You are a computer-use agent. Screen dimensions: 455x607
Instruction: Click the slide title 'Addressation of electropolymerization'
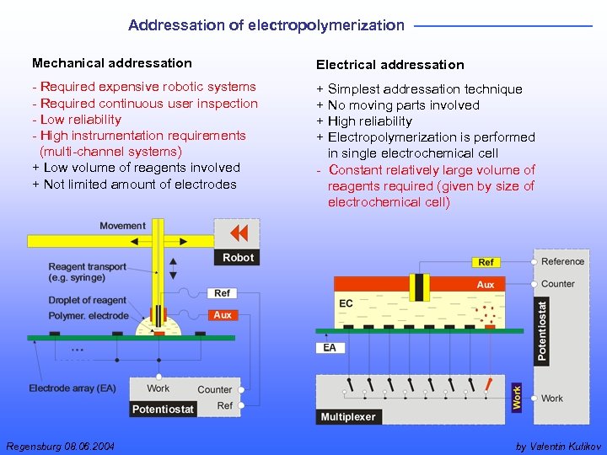(x=266, y=25)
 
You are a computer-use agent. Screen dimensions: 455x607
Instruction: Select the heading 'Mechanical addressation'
(x=112, y=63)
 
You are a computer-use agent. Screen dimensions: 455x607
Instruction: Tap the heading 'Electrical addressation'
(x=389, y=65)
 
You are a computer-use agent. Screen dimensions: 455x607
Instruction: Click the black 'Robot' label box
(x=238, y=257)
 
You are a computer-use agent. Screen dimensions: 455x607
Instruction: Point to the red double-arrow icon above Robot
(x=239, y=233)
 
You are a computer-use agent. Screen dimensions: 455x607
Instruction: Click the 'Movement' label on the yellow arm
(x=122, y=226)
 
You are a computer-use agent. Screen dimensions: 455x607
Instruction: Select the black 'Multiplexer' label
(x=348, y=416)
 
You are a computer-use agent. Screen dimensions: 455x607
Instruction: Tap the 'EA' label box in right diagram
(x=329, y=347)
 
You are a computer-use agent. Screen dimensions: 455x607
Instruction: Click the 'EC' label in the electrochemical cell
(x=346, y=303)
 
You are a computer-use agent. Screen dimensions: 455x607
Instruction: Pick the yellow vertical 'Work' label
(x=517, y=397)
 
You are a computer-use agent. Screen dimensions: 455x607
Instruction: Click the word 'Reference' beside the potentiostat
(x=563, y=262)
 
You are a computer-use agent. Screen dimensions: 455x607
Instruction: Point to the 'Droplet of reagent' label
(x=88, y=300)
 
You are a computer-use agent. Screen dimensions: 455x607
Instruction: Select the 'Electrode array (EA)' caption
(x=73, y=388)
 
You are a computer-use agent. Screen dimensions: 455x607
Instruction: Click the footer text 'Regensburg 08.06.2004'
(x=61, y=446)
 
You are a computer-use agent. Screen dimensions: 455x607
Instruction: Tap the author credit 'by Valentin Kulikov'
(x=557, y=446)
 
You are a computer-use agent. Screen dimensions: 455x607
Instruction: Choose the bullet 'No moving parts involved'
(x=403, y=105)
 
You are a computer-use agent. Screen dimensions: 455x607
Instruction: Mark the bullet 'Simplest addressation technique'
(x=424, y=89)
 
